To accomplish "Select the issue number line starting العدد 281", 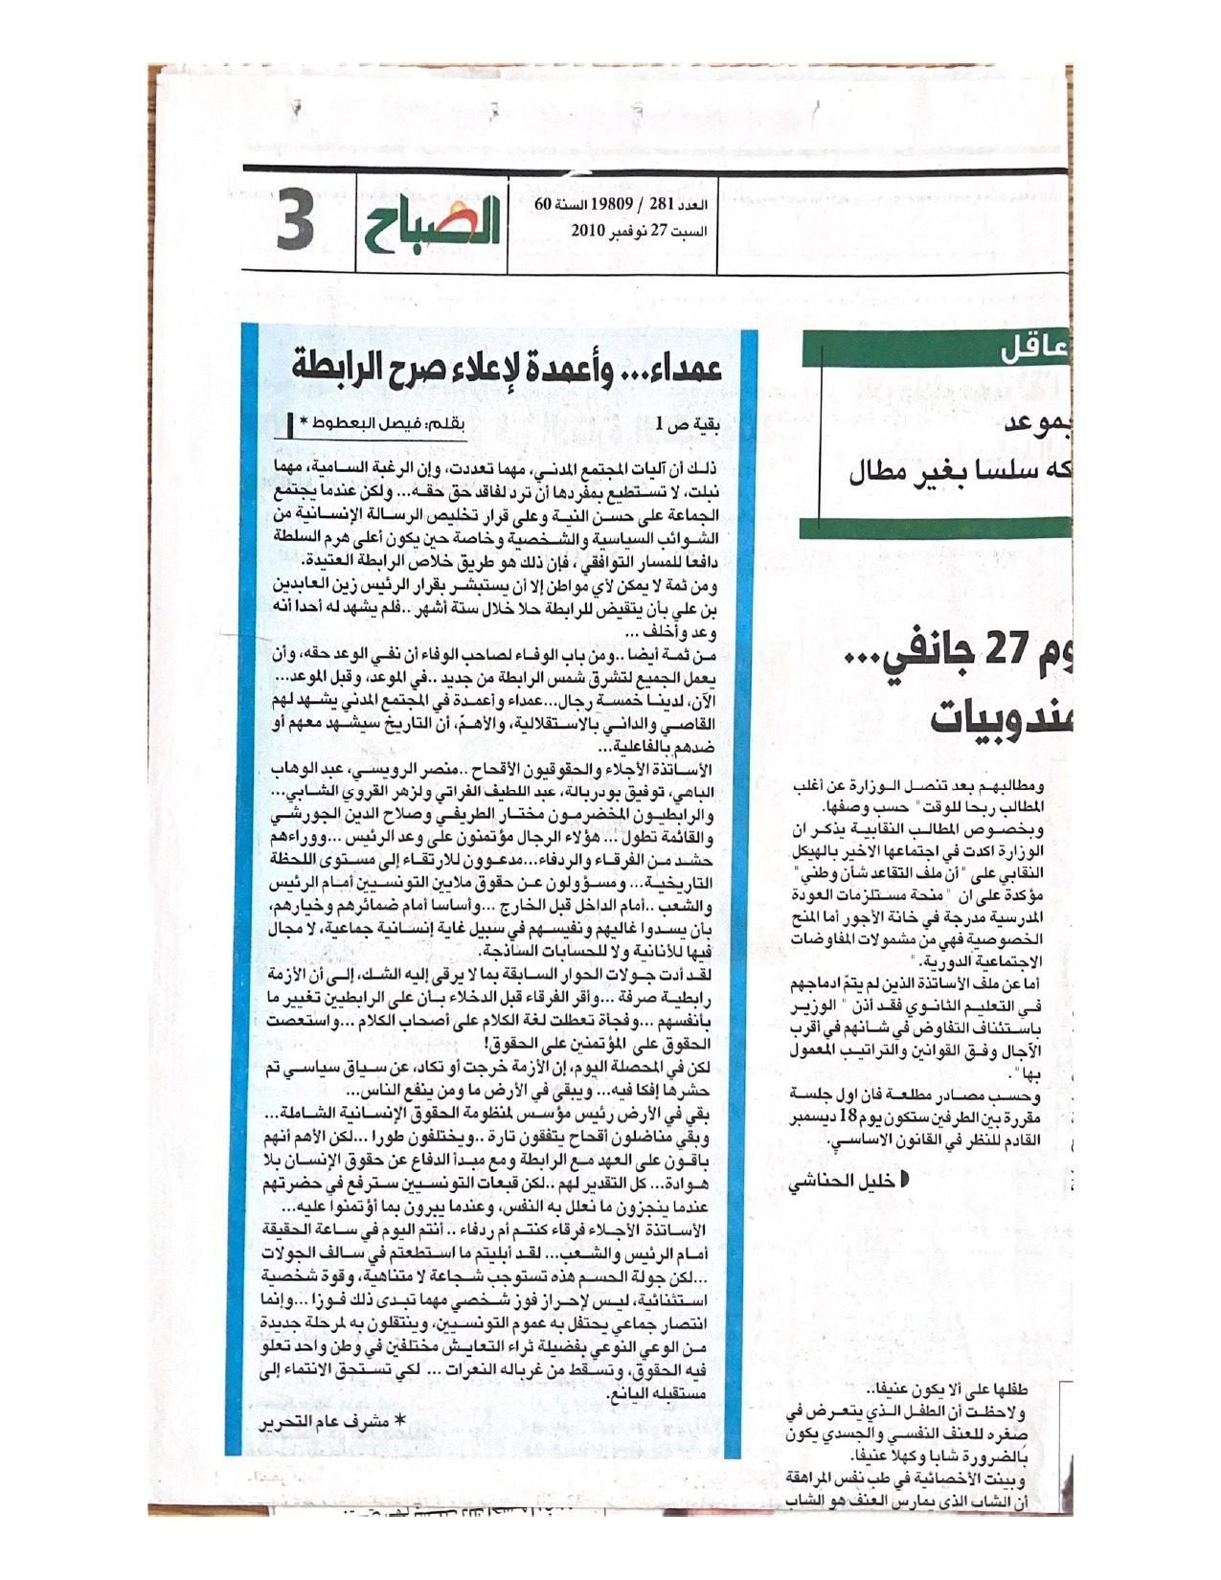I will [622, 204].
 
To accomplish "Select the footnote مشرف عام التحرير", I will [317, 1422].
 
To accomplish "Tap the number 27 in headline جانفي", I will [1006, 650].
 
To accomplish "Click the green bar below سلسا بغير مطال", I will [934, 528].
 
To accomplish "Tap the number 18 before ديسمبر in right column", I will [848, 1117].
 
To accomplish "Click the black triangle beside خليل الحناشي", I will [904, 1180].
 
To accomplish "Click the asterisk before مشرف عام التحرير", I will [400, 1422].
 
